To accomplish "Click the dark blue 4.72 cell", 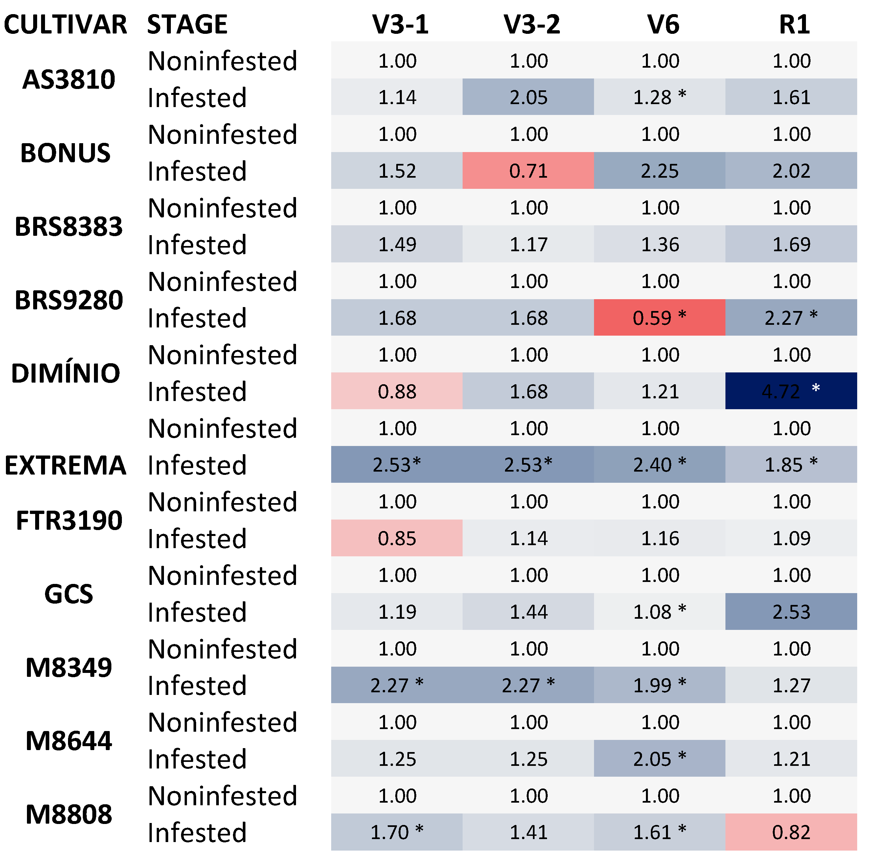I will pos(791,391).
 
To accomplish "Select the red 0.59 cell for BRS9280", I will pos(659,317).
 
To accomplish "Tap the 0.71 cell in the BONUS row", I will pos(528,171).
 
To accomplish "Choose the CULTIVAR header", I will pos(65,24).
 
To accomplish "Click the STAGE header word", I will pos(187,24).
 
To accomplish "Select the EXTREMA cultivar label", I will pos(65,465).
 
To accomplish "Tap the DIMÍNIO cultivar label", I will pos(65,373).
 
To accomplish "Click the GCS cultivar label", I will pos(68,594).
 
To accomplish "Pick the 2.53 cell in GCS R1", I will pos(791,611).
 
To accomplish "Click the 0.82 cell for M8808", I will pos(791,832).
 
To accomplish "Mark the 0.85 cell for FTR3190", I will pos(397,538).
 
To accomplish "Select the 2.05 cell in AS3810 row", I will pos(528,97).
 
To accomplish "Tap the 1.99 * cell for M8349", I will pos(659,685).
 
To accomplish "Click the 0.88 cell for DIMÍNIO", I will pos(397,391).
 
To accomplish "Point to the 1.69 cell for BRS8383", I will pos(791,244).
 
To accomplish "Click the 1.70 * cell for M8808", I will pos(397,832).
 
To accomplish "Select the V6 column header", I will pos(663,24).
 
